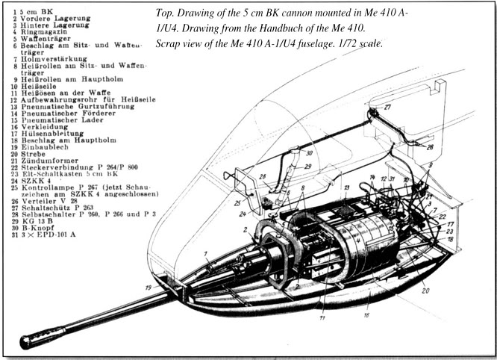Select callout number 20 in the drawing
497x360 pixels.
426,291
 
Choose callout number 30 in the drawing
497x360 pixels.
309,153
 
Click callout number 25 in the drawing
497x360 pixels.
237,203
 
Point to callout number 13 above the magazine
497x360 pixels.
346,187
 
